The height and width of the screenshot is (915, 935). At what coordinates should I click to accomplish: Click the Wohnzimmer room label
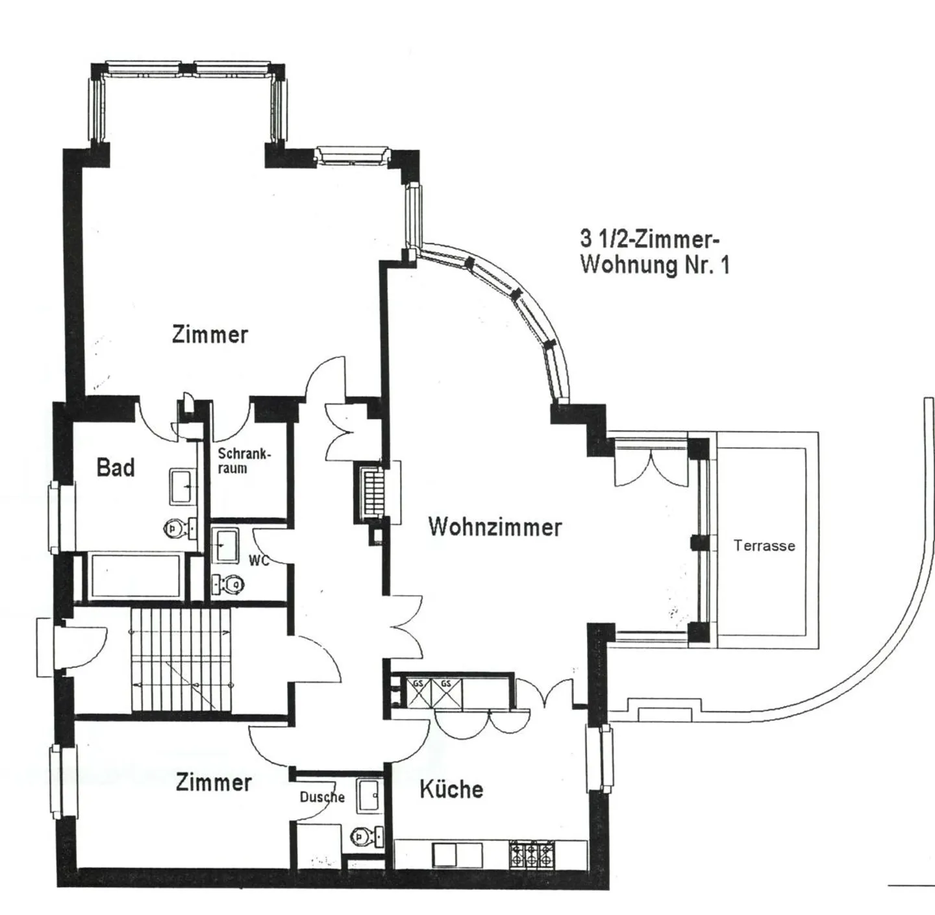(495, 527)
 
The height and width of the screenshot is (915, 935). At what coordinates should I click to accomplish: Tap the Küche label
(451, 789)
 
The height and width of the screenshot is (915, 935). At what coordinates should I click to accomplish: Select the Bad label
(116, 467)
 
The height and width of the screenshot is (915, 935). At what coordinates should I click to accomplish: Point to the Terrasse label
(764, 546)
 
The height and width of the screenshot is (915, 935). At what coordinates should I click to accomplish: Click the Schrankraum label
(244, 461)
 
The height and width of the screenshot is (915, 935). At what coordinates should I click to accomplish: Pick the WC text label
(258, 561)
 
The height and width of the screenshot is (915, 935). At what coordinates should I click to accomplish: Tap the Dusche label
(322, 797)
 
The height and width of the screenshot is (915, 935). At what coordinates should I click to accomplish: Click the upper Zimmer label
(210, 335)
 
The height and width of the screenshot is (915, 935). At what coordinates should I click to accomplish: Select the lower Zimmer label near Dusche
(214, 783)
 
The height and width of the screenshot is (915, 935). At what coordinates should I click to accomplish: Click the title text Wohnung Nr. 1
(654, 265)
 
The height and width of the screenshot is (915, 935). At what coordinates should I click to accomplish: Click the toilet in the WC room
(229, 585)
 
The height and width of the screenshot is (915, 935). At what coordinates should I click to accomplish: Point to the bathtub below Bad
(135, 576)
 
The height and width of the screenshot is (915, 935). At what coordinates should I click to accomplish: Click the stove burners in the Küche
(532, 854)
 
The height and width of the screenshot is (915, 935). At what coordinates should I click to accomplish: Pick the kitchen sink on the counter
(458, 855)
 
